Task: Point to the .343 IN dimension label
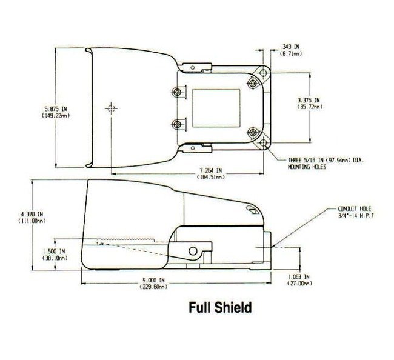click(292, 47)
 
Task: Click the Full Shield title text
click(220, 307)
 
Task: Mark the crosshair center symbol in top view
click(110, 109)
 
